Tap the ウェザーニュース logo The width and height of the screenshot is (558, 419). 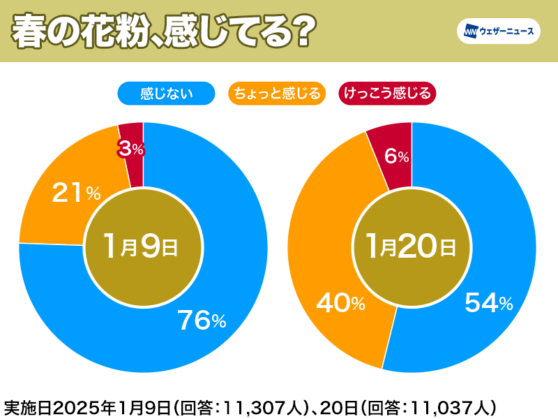(498, 31)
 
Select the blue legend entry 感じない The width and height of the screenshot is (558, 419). (166, 93)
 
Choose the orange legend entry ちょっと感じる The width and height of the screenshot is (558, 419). (277, 93)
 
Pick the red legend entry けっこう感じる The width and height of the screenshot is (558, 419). (386, 93)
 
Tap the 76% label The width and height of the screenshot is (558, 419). (202, 321)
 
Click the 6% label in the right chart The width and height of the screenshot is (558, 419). (396, 156)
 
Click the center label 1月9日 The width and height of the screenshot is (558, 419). (142, 247)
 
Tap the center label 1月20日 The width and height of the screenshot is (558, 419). (412, 247)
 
